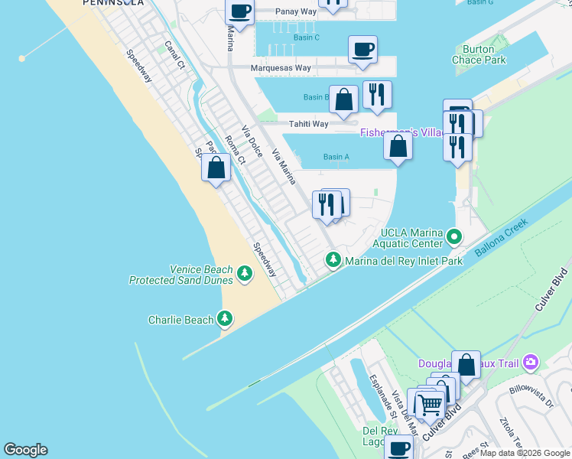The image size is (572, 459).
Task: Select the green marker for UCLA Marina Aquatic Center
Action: [x=454, y=236]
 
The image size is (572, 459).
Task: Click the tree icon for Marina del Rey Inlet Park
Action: [x=333, y=261]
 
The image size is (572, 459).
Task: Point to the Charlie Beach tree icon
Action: [x=225, y=319]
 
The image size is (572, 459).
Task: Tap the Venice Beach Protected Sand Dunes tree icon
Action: [x=245, y=274]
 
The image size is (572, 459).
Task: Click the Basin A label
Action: [x=336, y=157]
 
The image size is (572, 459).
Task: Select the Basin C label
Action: [x=306, y=37]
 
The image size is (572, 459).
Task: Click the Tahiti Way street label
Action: [x=308, y=124]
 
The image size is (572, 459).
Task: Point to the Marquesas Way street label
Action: [x=281, y=68]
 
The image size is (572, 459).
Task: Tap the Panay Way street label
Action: [x=295, y=12]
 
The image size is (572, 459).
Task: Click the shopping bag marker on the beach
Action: [x=216, y=168]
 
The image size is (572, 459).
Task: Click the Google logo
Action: [x=25, y=450]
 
